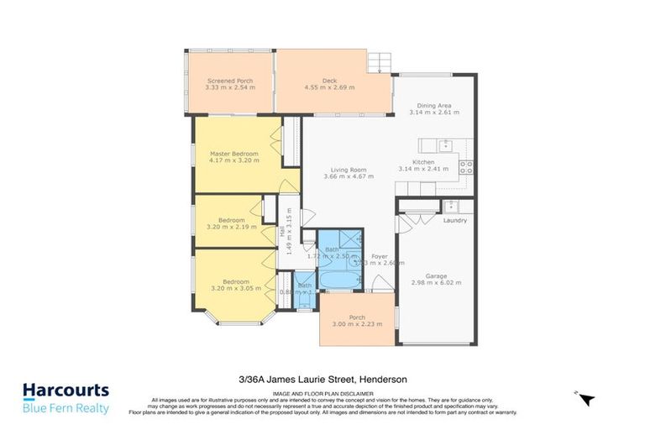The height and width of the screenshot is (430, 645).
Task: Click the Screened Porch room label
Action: tap(229, 81)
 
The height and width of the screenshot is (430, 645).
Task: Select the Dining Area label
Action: tap(434, 105)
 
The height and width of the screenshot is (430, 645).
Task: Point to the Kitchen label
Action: tap(422, 161)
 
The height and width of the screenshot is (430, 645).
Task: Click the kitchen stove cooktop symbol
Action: tap(466, 166)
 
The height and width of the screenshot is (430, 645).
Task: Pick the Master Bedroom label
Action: tap(233, 154)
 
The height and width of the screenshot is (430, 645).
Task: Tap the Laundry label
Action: tap(454, 221)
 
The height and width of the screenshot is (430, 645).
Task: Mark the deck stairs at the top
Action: tap(381, 62)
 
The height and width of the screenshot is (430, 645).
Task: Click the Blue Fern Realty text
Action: tap(66, 408)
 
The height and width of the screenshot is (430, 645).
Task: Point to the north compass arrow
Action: tap(587, 399)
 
